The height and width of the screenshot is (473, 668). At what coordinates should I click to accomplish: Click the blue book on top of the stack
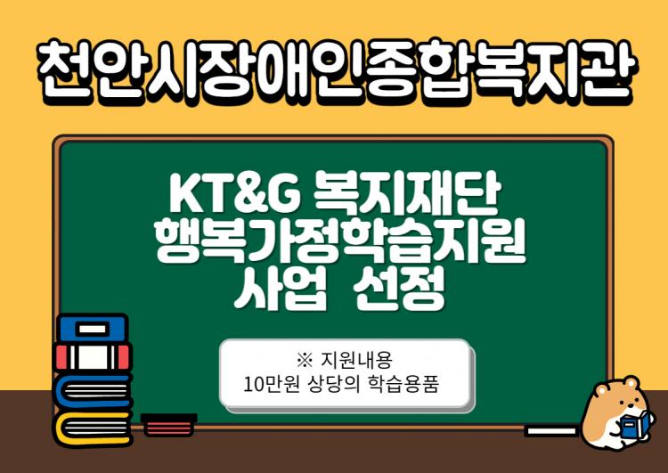(92, 329)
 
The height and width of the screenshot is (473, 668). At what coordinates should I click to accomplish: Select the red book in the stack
(93, 357)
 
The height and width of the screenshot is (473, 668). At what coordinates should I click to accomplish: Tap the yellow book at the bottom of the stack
(92, 428)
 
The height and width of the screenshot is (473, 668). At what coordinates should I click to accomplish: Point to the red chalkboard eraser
(168, 424)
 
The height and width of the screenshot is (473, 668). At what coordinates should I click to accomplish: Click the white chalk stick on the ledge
(551, 430)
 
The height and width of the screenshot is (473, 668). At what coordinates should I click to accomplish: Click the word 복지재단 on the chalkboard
(407, 194)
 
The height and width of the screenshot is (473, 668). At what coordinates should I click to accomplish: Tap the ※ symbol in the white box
(305, 360)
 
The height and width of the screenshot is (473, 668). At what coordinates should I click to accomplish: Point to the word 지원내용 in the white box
(356, 360)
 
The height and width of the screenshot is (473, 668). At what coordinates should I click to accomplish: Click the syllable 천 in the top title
(64, 70)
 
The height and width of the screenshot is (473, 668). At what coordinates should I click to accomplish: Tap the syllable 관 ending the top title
(604, 70)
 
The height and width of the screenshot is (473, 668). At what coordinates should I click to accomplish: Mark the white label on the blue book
(93, 329)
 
